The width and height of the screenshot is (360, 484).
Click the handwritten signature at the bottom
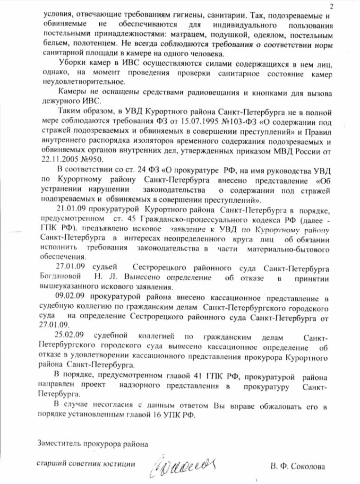184,463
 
